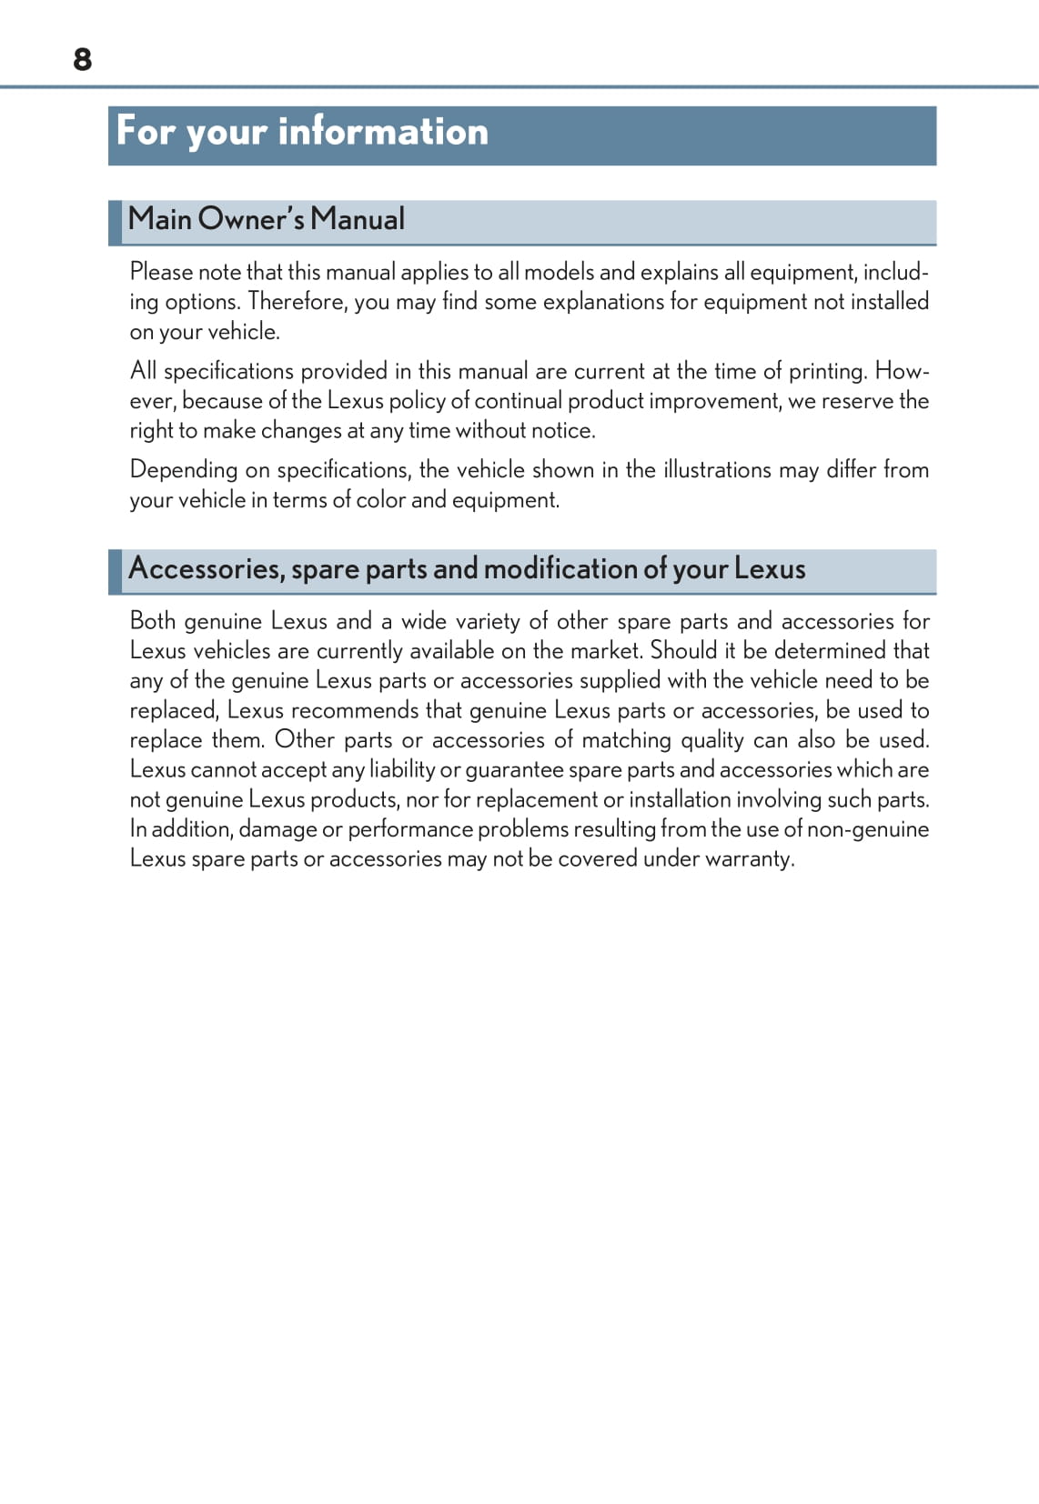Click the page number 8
click(x=82, y=59)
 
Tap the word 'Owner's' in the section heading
click(x=250, y=219)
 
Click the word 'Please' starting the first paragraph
click(x=161, y=272)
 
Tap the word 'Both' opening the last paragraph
click(x=152, y=621)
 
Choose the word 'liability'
click(x=402, y=770)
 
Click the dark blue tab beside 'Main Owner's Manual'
click(x=115, y=223)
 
